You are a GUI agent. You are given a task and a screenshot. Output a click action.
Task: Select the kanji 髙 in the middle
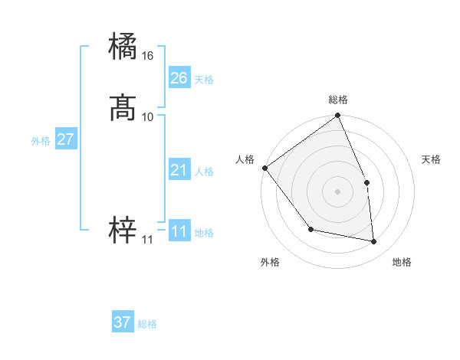[x=123, y=109]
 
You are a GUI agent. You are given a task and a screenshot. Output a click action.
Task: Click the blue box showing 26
[x=179, y=78]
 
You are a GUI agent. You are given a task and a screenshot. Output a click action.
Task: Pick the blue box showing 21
[x=179, y=170]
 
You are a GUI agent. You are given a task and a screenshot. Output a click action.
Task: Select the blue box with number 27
[x=65, y=139]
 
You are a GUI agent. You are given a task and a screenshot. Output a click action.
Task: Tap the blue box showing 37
[x=123, y=322]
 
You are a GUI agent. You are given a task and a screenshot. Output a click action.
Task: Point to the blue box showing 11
[x=179, y=231]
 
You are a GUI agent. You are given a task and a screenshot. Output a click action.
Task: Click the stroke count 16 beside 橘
[x=148, y=57]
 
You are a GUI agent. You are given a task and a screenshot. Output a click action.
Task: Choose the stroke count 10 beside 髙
[x=148, y=116]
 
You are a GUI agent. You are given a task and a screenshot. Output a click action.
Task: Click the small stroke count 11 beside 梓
[x=147, y=240]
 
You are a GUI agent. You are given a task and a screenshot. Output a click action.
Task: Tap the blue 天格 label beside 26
[x=204, y=80]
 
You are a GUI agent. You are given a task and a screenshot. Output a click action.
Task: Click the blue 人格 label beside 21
[x=204, y=172]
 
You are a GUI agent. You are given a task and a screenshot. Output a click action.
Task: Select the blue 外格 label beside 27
[x=41, y=141]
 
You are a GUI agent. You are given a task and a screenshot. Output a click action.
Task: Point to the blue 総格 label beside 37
[x=147, y=324]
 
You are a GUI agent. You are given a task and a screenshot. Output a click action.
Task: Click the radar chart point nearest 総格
[x=338, y=116]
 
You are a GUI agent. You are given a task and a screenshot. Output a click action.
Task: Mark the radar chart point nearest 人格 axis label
[x=264, y=168]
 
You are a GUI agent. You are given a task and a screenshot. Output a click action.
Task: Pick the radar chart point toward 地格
[x=374, y=242]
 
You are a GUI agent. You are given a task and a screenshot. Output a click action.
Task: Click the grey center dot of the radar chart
[x=338, y=191]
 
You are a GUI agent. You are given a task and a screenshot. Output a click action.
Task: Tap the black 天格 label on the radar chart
[x=432, y=159]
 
